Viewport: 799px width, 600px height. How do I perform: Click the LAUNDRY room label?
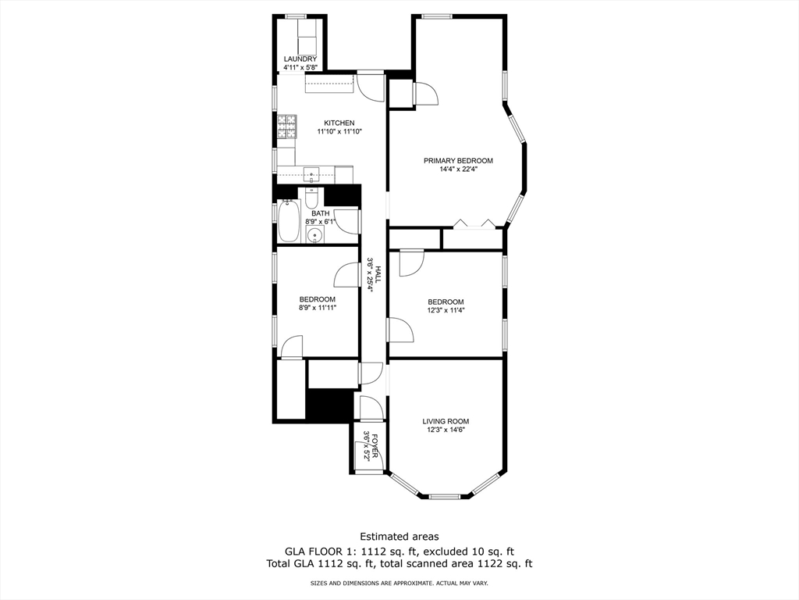(300, 59)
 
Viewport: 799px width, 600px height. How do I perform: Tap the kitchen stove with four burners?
(287, 125)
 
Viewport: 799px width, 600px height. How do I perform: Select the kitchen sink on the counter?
(311, 174)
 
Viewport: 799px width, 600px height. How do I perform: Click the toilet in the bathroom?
(311, 195)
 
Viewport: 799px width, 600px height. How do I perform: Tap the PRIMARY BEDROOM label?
(458, 161)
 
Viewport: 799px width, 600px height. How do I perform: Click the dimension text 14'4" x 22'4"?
(458, 170)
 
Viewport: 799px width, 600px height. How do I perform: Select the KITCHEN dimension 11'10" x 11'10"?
(339, 132)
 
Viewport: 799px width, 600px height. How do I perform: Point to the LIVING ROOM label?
(446, 421)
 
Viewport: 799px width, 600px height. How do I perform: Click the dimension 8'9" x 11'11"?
(318, 308)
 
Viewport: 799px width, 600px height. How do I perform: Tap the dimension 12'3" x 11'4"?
(446, 310)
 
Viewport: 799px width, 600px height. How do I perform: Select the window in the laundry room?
(296, 16)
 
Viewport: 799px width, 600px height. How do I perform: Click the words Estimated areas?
(399, 537)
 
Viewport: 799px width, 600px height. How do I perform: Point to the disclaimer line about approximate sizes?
(399, 584)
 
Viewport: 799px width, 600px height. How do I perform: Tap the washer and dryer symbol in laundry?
(305, 37)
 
